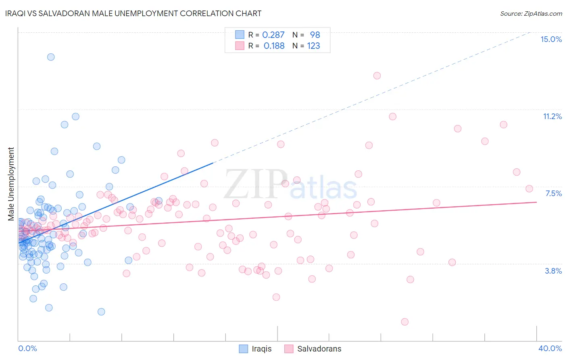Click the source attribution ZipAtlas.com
tap(531, 13)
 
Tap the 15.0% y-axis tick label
tap(551, 39)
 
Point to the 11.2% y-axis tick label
tap(552, 116)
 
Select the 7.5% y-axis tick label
tap(553, 193)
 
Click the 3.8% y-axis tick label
tap(553, 271)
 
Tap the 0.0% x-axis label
tap(27, 348)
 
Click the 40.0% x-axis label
tap(550, 348)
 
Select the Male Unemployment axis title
tap(11, 184)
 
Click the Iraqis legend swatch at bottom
tap(244, 349)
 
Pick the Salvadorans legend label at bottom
tap(319, 349)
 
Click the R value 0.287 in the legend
tap(273, 35)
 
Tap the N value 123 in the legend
tap(313, 46)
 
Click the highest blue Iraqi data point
tap(51, 57)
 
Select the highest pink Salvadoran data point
tap(377, 75)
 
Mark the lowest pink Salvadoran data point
tap(405, 322)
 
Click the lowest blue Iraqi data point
tap(101, 312)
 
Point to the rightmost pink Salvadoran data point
tap(529, 188)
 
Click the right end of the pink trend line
tap(536, 202)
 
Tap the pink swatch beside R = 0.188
tap(240, 46)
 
